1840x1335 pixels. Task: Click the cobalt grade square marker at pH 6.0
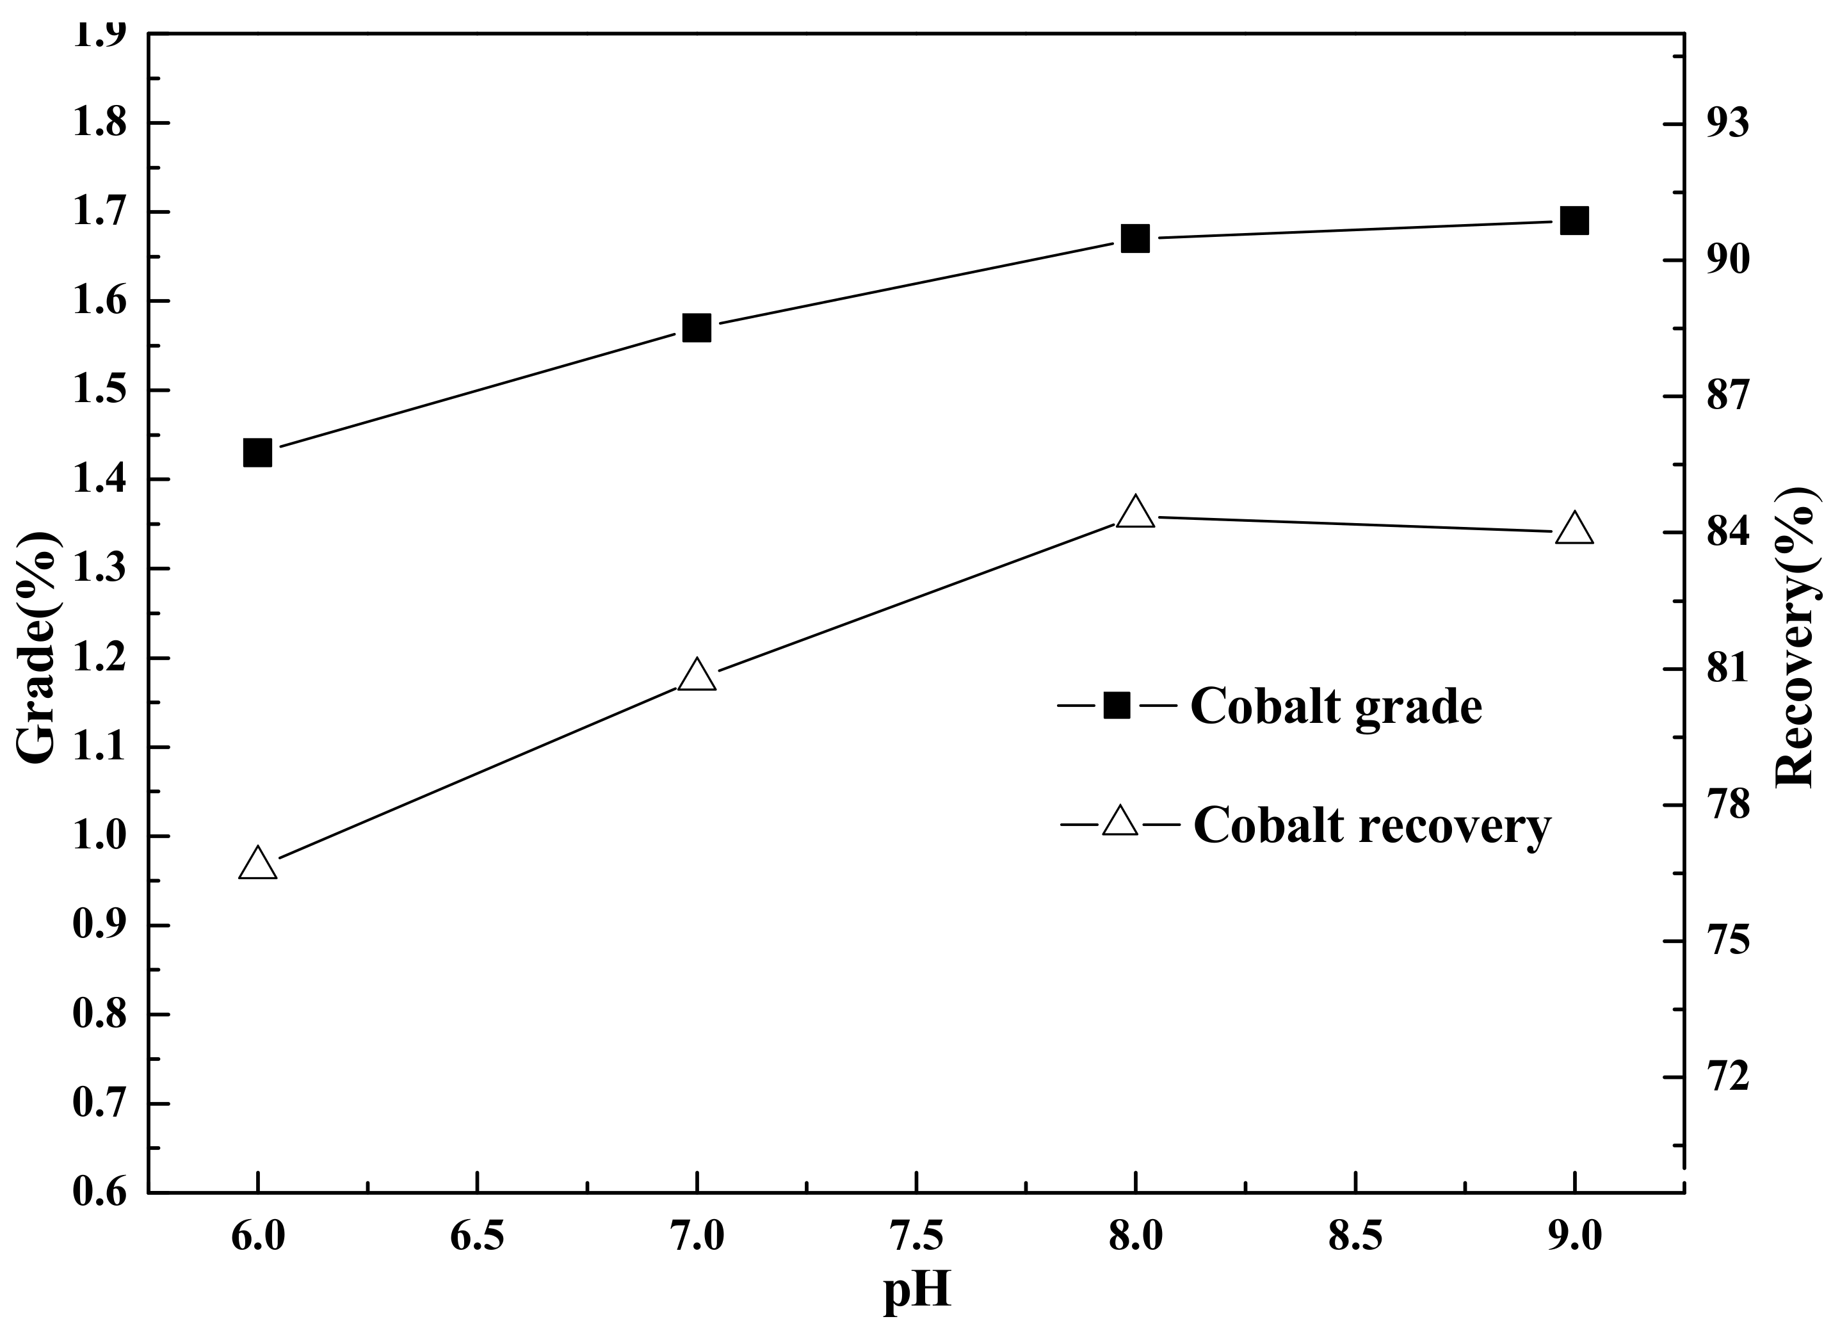click(257, 453)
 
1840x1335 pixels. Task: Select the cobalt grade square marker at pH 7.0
click(696, 328)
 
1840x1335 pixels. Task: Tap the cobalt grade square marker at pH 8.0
click(1135, 239)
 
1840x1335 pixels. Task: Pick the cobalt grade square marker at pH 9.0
click(1574, 221)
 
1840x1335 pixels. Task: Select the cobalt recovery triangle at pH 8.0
click(1135, 514)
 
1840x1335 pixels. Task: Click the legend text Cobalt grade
click(1336, 708)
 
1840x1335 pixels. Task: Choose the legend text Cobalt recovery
click(1371, 828)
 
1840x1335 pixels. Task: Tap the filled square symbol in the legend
click(1117, 706)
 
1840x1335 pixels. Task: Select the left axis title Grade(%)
click(36, 647)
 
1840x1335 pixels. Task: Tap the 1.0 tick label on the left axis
click(99, 837)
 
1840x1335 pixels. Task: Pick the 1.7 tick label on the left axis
click(99, 213)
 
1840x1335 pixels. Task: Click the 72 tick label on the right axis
click(1722, 1078)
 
